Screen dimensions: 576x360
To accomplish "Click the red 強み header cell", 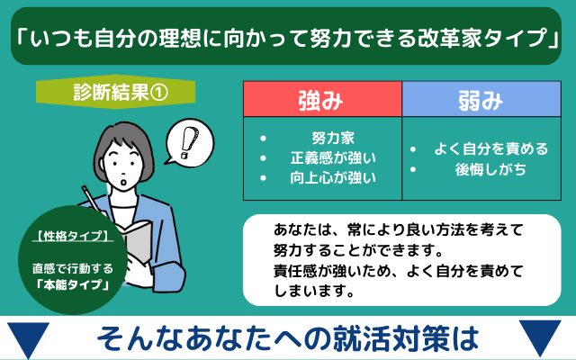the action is click(322, 99).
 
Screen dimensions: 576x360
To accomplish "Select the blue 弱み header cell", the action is click(481, 99).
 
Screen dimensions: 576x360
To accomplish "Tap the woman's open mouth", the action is click(124, 182).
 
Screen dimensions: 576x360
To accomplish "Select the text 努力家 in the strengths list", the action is click(333, 138).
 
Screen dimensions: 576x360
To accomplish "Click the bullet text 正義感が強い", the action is click(333, 158).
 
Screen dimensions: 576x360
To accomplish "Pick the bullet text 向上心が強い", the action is click(333, 178).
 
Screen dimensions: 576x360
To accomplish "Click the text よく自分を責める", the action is click(491, 148).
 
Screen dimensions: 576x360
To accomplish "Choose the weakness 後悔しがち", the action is click(491, 169).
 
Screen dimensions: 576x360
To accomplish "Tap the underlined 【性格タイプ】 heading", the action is click(73, 236).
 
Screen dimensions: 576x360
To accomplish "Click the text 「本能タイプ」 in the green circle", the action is click(73, 284).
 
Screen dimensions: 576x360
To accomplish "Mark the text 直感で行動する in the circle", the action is click(73, 268).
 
